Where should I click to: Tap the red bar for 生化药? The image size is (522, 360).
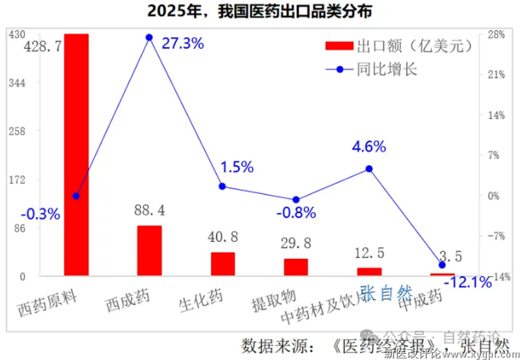(222, 264)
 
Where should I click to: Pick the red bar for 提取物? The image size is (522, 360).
(296, 267)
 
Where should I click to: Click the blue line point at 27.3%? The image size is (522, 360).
(149, 37)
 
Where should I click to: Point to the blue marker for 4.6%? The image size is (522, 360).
(369, 168)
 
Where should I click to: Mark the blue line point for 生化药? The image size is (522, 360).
(222, 186)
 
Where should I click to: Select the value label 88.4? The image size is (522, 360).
(149, 209)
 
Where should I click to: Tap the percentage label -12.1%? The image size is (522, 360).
(467, 282)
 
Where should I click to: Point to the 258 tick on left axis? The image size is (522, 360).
(17, 131)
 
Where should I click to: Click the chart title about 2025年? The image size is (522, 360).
(261, 11)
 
